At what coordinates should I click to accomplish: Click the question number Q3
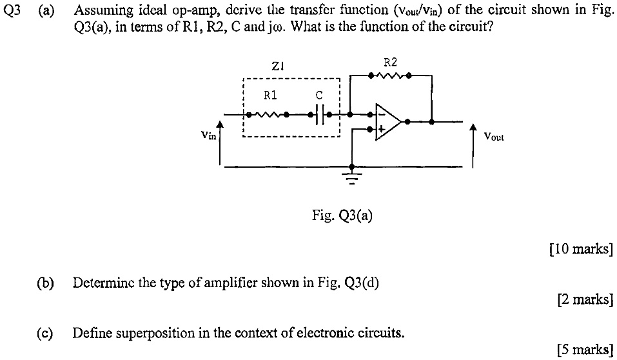click(x=12, y=11)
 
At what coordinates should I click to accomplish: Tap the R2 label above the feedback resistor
click(x=390, y=63)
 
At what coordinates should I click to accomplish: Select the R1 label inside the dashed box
click(x=271, y=96)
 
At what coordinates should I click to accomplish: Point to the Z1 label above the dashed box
click(x=279, y=65)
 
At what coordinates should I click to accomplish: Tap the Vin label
click(x=208, y=135)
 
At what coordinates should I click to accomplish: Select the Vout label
click(x=494, y=137)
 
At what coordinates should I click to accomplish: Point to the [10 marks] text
click(x=580, y=250)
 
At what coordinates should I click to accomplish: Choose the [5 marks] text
click(x=584, y=349)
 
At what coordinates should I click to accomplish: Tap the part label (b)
click(x=44, y=282)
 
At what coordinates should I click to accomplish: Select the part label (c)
click(x=44, y=333)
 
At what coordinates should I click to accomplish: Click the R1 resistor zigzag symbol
click(x=271, y=115)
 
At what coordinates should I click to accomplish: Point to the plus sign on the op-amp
click(x=380, y=129)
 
